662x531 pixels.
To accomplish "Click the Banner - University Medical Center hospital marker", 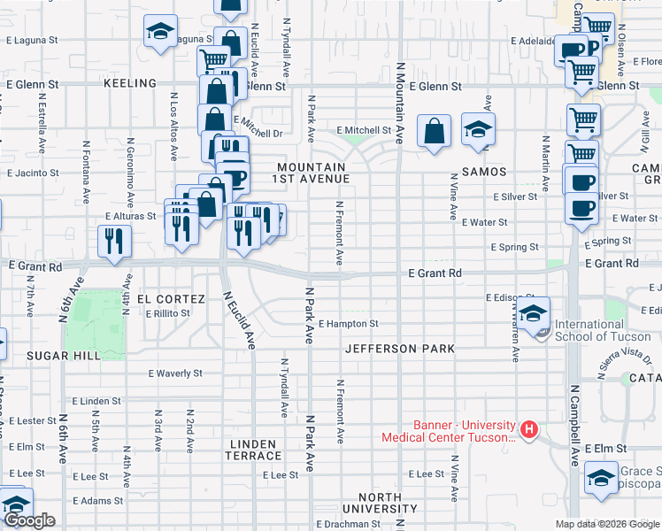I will pyautogui.click(x=529, y=430).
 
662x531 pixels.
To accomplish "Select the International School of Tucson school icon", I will pyautogui.click(x=534, y=315).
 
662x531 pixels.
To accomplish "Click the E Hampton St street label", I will pyautogui.click(x=348, y=325).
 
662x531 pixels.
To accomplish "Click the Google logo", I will pyautogui.click(x=29, y=520).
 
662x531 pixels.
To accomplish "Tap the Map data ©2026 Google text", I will pyautogui.click(x=606, y=524).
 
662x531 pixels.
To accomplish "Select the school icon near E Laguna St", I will pyautogui.click(x=160, y=33).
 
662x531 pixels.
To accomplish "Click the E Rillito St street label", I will pyautogui.click(x=167, y=314).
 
